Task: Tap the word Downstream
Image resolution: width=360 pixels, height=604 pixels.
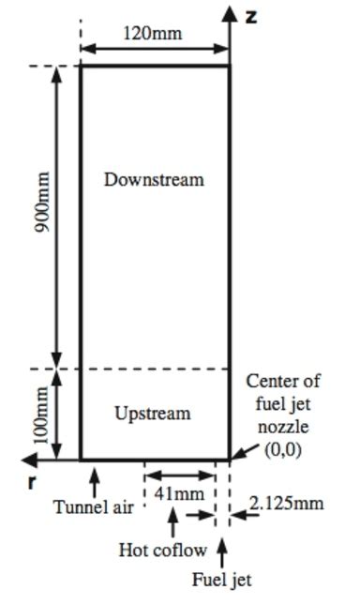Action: [154, 179]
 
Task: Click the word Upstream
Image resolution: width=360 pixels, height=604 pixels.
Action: [152, 414]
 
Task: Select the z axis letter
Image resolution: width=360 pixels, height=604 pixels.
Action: [251, 16]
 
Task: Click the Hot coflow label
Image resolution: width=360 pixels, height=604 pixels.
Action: [157, 549]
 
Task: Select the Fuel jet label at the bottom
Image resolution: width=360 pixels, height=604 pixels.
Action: [221, 580]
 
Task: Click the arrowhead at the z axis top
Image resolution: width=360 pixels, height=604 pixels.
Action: [229, 12]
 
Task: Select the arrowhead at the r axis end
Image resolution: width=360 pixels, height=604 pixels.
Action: [30, 460]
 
